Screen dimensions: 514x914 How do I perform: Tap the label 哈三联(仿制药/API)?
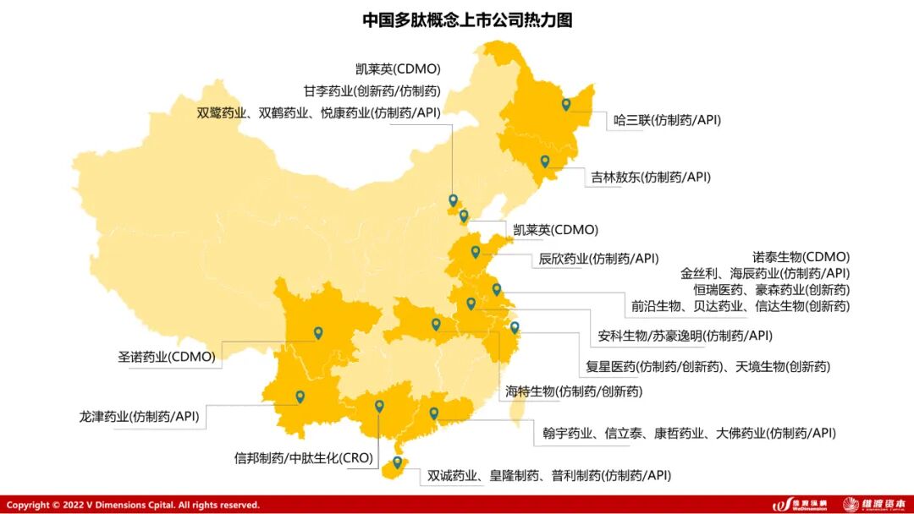click(667, 120)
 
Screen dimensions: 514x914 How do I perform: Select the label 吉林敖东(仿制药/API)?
click(651, 177)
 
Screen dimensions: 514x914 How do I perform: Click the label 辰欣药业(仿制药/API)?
click(598, 259)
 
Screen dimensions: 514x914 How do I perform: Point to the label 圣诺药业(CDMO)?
click(167, 357)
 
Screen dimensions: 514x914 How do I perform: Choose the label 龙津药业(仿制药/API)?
click(139, 416)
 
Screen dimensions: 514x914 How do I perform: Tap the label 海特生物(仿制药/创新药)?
click(573, 391)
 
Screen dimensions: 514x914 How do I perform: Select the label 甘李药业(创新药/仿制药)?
click(372, 90)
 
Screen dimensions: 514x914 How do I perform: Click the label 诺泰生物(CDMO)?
click(801, 256)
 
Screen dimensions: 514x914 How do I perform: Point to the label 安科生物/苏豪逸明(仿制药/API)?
click(685, 336)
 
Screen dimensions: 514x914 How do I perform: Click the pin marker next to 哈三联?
click(566, 104)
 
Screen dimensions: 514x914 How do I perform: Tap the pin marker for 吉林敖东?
click(545, 161)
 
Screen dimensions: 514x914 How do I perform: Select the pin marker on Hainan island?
click(397, 462)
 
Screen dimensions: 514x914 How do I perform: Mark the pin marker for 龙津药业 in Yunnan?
click(300, 396)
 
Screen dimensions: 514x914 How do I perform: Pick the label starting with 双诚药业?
click(543, 475)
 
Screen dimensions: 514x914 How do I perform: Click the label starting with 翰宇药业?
click(689, 433)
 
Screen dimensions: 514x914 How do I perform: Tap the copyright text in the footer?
click(133, 505)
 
